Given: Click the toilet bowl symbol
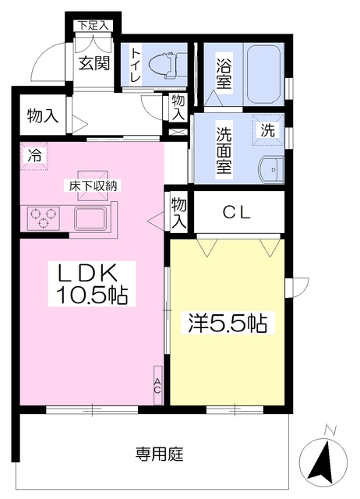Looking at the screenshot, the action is point(163,65).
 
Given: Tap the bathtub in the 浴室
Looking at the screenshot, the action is point(263,75).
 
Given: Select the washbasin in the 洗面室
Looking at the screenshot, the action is point(270,170).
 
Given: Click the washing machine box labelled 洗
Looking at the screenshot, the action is point(268,129).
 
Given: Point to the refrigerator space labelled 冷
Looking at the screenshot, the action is point(34,156).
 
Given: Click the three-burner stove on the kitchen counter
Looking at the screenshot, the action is point(44,218).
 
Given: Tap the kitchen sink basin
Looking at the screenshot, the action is point(91,218).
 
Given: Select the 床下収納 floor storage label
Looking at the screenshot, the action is point(93,186).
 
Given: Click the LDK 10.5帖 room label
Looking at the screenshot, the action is point(92,284).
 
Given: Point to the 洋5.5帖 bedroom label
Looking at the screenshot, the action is point(228,324).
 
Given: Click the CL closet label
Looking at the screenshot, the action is point(237,213).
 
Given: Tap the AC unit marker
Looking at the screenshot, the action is point(157,385).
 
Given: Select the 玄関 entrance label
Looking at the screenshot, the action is point(94,63).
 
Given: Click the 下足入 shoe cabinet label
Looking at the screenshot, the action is point(94,26).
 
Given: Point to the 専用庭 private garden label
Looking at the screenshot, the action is point(159,455).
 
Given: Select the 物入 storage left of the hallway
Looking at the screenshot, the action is point(43,115).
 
